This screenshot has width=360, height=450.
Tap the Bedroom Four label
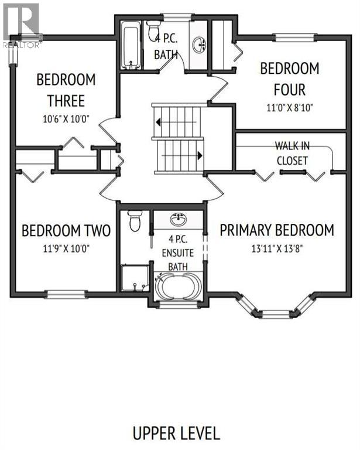[x=290, y=79]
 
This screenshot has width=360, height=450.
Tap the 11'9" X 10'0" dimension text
[x=65, y=248]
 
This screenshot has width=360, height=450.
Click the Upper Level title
[x=176, y=434]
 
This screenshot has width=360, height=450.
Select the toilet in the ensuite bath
[x=135, y=221]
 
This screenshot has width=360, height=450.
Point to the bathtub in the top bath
[x=129, y=46]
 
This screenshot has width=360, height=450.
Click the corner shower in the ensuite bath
[x=134, y=278]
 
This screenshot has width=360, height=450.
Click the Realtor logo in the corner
[x=21, y=24]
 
